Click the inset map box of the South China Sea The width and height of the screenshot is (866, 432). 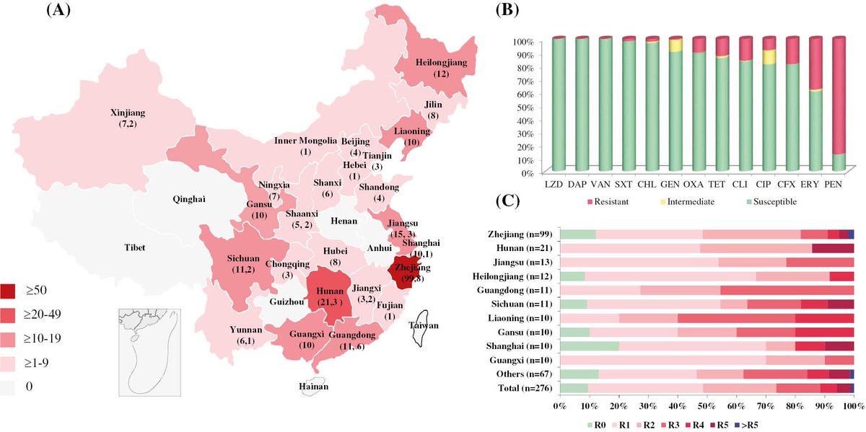(149, 351)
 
